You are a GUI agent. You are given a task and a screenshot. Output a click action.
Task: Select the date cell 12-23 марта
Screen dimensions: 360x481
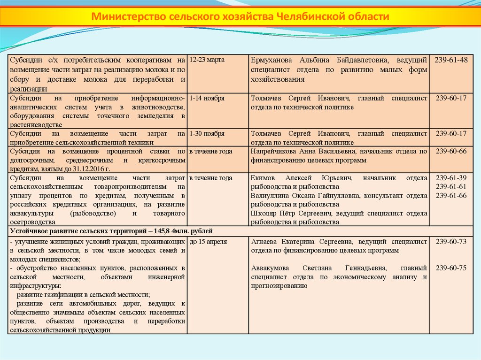point(207,60)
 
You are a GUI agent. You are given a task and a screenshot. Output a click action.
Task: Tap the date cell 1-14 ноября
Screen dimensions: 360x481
point(207,99)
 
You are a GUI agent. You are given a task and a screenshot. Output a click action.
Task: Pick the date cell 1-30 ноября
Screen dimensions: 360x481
point(207,134)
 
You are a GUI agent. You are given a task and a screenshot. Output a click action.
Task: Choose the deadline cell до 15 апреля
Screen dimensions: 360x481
point(209,242)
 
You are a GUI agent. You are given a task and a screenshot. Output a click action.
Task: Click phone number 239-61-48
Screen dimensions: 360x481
point(451,60)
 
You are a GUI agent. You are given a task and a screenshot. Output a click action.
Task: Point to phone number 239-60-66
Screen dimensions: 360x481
point(451,152)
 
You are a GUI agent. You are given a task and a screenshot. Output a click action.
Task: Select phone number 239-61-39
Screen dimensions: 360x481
point(451,178)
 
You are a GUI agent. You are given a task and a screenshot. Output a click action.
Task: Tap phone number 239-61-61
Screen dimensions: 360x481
point(451,187)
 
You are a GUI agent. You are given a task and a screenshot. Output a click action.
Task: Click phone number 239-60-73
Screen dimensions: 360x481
point(451,242)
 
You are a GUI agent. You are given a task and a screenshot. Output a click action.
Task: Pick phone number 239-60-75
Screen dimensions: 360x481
point(451,268)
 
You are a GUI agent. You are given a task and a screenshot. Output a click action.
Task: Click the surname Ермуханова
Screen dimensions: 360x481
point(272,60)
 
